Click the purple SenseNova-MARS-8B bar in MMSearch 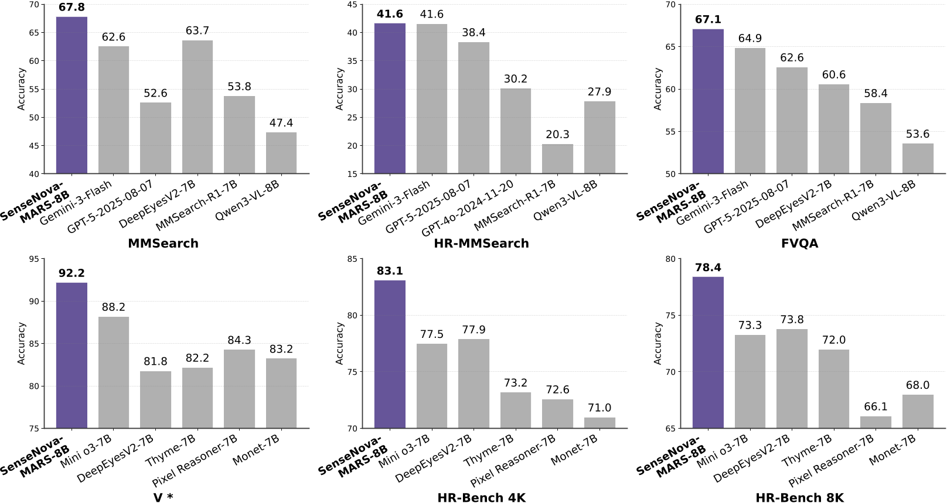coord(71,95)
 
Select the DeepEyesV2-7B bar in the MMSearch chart coord(197,107)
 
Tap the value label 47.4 coord(281,123)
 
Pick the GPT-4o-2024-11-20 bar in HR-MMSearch coord(516,131)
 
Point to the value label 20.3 coord(557,135)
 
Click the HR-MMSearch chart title coord(481,244)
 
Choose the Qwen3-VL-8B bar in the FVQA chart coord(918,159)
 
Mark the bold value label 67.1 coord(708,20)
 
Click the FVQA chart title coord(799,244)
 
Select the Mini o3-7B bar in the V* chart coord(114,372)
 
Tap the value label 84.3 coord(239,340)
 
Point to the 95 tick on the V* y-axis coord(34,259)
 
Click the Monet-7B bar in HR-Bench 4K coord(599,423)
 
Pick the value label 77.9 coord(473,330)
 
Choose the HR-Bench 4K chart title coord(481,498)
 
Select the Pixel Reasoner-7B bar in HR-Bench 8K coord(876,422)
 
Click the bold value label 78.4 coord(708,268)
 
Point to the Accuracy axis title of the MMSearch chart coord(22,89)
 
